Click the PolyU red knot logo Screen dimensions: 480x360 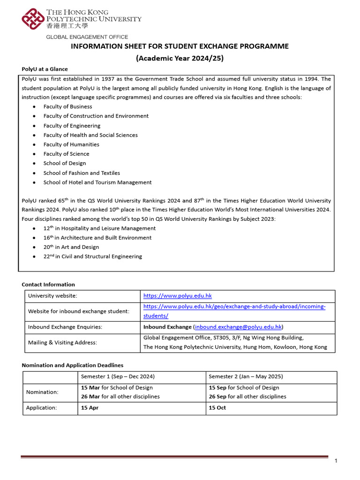[x=32, y=19]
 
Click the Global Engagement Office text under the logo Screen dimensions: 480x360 [x=87, y=37]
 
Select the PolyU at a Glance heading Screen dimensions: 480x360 [x=45, y=69]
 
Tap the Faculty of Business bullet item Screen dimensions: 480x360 [x=67, y=106]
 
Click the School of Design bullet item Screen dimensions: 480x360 [x=65, y=163]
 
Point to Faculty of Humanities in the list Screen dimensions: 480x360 [x=71, y=144]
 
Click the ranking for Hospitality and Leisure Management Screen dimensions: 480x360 [x=99, y=228]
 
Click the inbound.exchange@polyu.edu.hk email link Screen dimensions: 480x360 [x=238, y=327]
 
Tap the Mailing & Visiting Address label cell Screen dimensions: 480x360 [x=62, y=343]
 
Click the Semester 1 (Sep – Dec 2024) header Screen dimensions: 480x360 [x=118, y=376]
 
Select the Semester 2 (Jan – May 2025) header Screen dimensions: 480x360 [x=246, y=376]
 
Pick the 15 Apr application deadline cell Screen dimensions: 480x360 [x=90, y=408]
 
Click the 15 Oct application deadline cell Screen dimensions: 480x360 [x=217, y=408]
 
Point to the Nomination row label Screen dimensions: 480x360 [x=42, y=392]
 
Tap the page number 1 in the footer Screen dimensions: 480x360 [x=336, y=461]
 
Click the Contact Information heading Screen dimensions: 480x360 [x=48, y=285]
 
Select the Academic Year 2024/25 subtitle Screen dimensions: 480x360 [x=180, y=59]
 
